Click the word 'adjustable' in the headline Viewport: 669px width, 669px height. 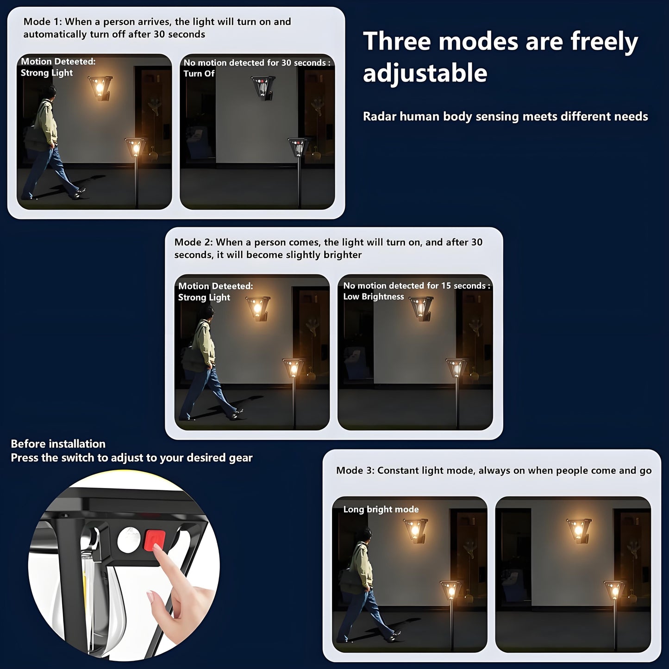coord(425,73)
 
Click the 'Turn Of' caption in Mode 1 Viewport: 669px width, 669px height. coord(199,74)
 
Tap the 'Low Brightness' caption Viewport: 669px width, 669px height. coord(373,297)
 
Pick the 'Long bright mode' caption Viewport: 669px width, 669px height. coord(381,509)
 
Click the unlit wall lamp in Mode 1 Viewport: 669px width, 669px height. coord(263,87)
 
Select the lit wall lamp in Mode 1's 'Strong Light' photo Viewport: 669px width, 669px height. coord(100,87)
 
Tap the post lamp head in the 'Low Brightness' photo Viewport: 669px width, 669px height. coord(456,368)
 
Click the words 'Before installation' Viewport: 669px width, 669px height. coord(58,444)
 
